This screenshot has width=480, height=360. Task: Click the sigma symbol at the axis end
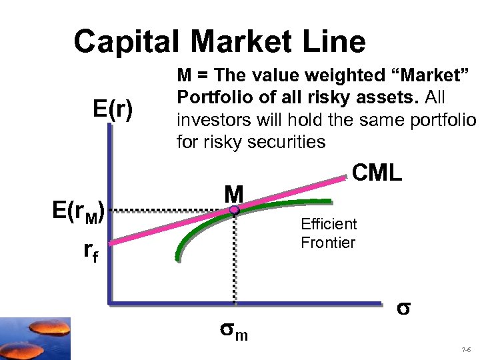[402, 309]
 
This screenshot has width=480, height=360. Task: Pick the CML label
[377, 173]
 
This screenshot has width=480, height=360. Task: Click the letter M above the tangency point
[234, 193]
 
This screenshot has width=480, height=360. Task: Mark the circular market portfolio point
[235, 210]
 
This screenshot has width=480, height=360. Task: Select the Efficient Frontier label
[329, 233]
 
